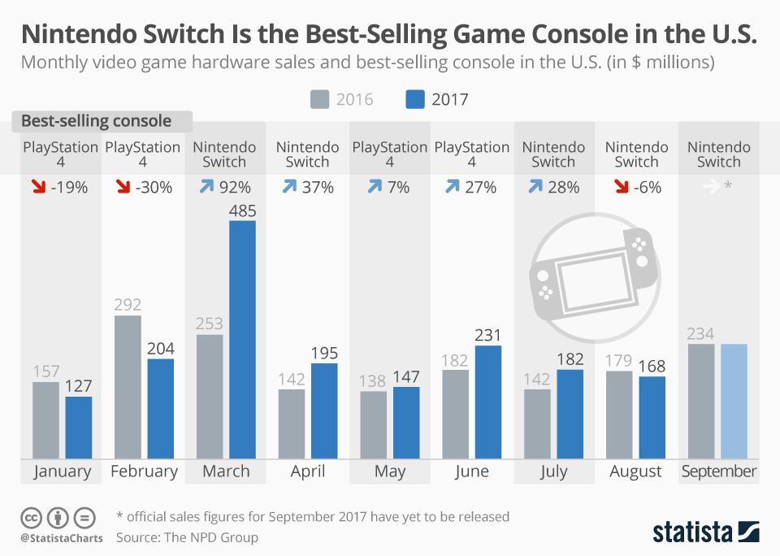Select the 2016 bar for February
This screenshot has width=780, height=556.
pyautogui.click(x=128, y=387)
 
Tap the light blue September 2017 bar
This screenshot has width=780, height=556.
pyautogui.click(x=734, y=402)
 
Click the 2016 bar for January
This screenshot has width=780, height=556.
pyautogui.click(x=45, y=420)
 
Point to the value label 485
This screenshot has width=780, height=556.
pyautogui.click(x=242, y=211)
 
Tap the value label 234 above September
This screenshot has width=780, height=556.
pyautogui.click(x=700, y=333)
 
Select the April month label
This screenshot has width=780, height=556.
pyautogui.click(x=307, y=471)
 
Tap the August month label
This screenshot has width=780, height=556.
pyautogui.click(x=636, y=471)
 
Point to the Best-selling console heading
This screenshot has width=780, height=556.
pyautogui.click(x=96, y=121)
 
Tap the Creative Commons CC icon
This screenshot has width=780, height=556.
pyautogui.click(x=32, y=517)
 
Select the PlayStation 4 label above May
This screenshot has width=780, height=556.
pyautogui.click(x=390, y=154)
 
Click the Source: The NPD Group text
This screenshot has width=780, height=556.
pyautogui.click(x=187, y=536)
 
